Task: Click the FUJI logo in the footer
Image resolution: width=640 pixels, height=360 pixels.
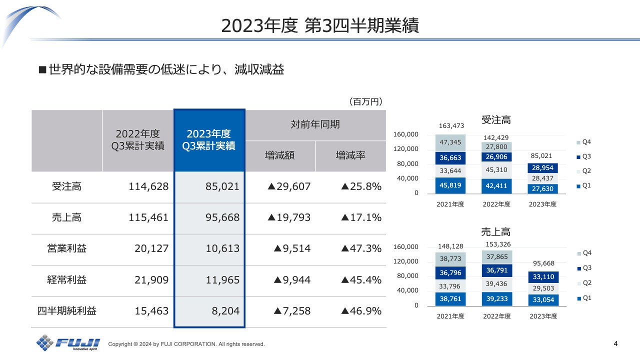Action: (x=68, y=343)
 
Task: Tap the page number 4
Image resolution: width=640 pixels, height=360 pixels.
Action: (x=615, y=343)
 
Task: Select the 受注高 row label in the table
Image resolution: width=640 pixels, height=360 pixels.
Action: (x=66, y=187)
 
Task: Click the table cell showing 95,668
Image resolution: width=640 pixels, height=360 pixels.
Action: (x=209, y=218)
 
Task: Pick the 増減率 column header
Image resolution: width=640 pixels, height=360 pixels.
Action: (x=350, y=155)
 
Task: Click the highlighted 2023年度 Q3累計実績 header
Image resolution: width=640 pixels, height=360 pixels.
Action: (x=209, y=140)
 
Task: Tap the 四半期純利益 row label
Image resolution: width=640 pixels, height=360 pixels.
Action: (x=66, y=311)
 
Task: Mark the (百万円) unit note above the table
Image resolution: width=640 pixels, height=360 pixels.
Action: (x=365, y=102)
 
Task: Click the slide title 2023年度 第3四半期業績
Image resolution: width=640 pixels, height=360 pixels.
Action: (x=320, y=25)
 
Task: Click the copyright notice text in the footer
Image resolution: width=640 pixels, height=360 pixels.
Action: (x=186, y=344)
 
